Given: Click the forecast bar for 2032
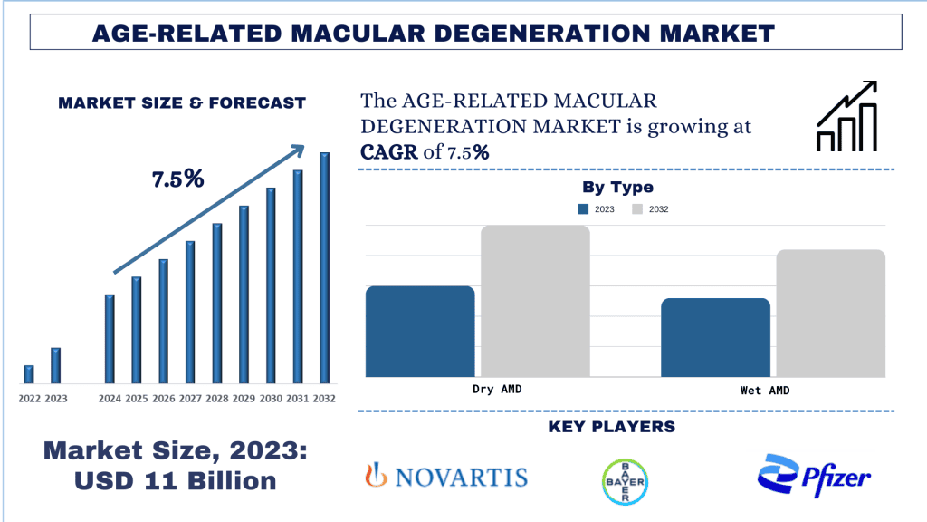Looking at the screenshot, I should [x=324, y=267].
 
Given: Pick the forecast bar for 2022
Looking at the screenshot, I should [x=29, y=374].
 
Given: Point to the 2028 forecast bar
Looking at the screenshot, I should [x=217, y=303].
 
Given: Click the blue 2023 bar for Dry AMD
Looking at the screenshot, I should [x=420, y=331].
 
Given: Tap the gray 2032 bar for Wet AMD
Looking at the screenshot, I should [x=830, y=313].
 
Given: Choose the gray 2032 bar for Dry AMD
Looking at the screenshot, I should [x=535, y=301].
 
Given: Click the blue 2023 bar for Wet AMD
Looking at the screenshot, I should [x=715, y=337].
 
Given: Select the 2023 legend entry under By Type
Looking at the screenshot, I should [x=597, y=209].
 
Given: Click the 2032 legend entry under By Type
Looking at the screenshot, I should [x=650, y=209].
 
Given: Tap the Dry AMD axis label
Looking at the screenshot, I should [x=498, y=389].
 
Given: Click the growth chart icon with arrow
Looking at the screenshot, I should [x=846, y=115].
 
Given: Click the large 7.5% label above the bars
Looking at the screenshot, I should [x=177, y=179].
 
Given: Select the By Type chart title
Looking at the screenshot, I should [x=617, y=188].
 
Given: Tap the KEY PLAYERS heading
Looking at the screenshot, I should [x=612, y=426].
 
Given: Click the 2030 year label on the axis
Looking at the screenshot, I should [x=271, y=399].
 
